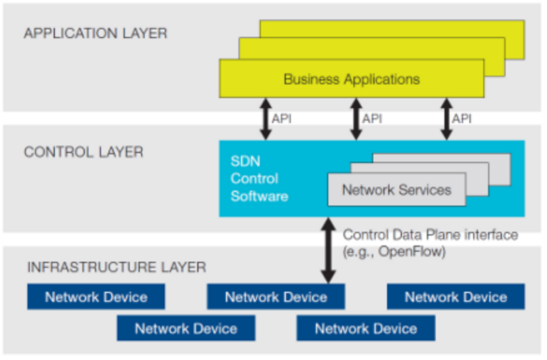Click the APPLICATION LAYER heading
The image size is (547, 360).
click(95, 33)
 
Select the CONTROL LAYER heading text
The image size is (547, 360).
click(83, 152)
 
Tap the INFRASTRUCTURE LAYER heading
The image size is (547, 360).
click(117, 267)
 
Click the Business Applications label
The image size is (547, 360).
click(352, 79)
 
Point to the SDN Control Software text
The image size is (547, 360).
click(259, 178)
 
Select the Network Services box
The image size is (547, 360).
click(396, 190)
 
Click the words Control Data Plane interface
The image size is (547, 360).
click(430, 234)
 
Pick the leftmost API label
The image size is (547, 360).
click(281, 119)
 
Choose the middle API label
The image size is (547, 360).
click(372, 119)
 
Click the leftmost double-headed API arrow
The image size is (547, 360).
click(264, 119)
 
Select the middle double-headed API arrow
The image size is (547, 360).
click(355, 119)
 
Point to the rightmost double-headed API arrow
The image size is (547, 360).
click(446, 119)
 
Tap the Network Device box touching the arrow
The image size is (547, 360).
click(276, 297)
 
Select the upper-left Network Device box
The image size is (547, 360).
click(96, 297)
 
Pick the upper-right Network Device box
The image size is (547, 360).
click(455, 297)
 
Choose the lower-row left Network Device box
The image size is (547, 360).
click(185, 328)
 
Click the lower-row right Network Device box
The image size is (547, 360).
click(366, 328)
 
